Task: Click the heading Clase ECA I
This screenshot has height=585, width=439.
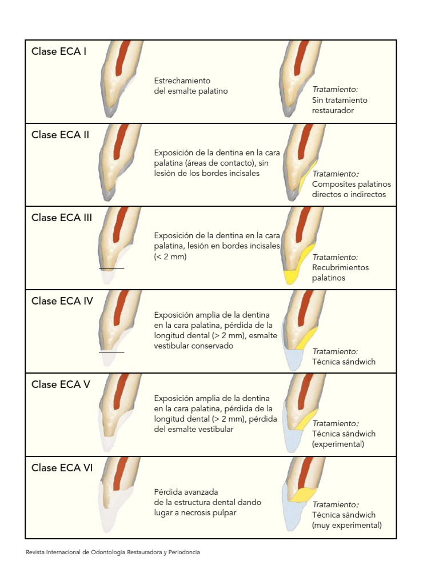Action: click(59, 51)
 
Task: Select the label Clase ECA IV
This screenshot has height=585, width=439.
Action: click(62, 301)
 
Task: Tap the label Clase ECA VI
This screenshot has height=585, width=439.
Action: click(62, 468)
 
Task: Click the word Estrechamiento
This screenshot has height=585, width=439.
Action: click(182, 81)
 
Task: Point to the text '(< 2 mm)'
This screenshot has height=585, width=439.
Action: click(170, 257)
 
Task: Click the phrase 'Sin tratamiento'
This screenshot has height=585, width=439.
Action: click(340, 100)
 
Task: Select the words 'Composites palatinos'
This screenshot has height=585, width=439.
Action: click(352, 185)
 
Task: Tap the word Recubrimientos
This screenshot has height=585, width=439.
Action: click(341, 267)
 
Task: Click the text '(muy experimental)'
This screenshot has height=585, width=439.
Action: click(347, 526)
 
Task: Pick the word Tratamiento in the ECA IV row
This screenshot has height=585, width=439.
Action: click(334, 351)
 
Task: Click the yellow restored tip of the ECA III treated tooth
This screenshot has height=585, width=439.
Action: click(291, 277)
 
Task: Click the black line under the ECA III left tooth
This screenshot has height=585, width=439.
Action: click(111, 269)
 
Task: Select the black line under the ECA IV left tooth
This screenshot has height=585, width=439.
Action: click(111, 352)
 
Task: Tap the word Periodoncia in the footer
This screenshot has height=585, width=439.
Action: click(184, 552)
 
